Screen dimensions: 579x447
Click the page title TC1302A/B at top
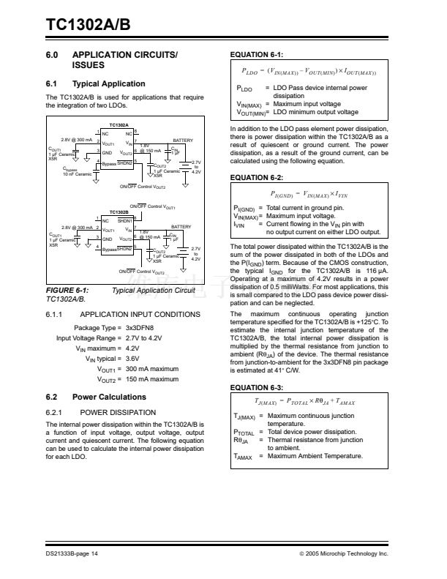point(89,24)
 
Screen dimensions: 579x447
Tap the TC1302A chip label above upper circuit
point(119,126)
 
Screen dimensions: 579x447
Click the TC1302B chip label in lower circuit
point(119,212)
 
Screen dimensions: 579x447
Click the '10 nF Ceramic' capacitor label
point(78,174)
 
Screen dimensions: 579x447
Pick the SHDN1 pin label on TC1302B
point(124,220)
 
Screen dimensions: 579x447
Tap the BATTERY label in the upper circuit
point(182,140)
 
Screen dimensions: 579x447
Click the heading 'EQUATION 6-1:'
point(257,55)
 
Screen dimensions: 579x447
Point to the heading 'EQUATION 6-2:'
point(257,178)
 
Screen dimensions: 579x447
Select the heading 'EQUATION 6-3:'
point(257,386)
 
